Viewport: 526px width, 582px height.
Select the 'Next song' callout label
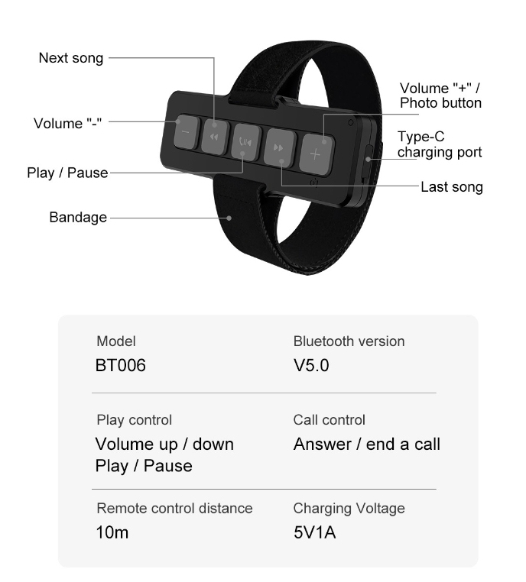point(71,58)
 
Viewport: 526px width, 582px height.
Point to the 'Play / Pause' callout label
point(67,173)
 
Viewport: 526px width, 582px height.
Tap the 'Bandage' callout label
point(78,218)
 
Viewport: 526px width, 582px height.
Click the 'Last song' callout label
point(452,186)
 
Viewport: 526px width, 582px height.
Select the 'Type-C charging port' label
point(440,144)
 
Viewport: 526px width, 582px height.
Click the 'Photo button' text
point(441,102)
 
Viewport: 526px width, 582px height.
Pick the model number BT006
point(120,366)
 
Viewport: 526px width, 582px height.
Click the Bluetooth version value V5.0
point(311,366)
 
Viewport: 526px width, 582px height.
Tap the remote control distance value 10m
point(112,532)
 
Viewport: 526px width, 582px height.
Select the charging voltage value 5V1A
point(315,532)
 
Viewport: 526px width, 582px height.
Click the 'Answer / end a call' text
point(367,444)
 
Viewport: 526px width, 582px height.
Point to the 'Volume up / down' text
point(164,444)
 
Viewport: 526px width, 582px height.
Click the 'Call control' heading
point(330,420)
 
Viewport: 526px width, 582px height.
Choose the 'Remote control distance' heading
point(174,508)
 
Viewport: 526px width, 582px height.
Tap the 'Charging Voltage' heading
point(349,508)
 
